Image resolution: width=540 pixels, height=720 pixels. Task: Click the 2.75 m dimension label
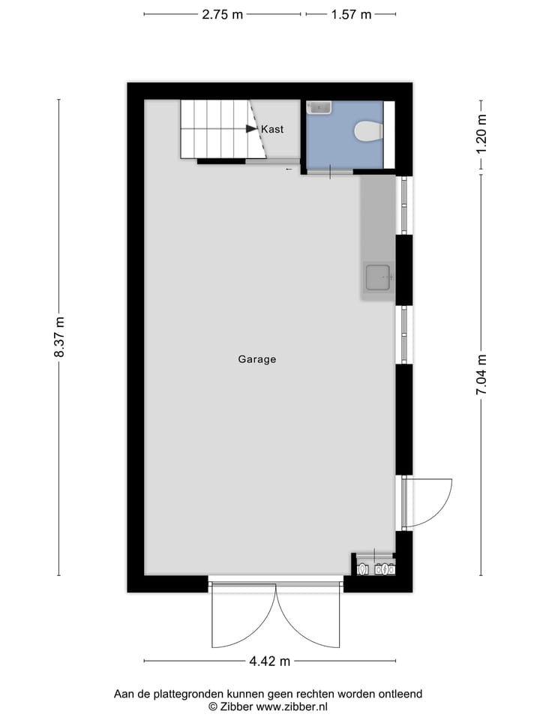pos(223,14)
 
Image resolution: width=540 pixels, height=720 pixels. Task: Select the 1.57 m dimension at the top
pos(352,14)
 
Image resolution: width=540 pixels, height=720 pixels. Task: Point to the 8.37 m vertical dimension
pos(60,338)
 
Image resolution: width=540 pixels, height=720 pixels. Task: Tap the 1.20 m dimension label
pos(481,133)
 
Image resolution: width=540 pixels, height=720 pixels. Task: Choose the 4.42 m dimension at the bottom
pos(269,661)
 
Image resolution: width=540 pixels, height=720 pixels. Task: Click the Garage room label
pos(257,359)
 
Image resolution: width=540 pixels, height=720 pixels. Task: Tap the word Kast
pos(272,130)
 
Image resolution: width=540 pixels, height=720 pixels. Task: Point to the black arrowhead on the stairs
pos(251,129)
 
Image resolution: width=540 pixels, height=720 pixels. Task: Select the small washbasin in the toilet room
pos(321,108)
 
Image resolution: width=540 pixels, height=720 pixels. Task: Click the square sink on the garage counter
pos(379,278)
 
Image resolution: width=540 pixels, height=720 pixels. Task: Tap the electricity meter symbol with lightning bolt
pos(364,568)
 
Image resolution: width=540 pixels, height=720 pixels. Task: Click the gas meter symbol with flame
pos(383,568)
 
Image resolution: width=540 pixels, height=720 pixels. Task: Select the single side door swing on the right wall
pos(427,501)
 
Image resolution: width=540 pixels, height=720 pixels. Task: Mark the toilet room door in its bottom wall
pos(330,172)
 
